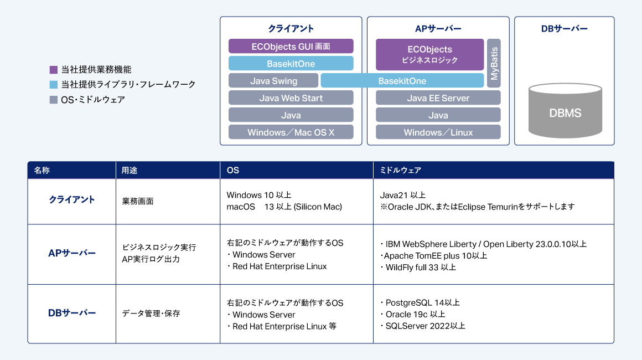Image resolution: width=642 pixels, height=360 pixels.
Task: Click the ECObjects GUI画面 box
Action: pos(291,46)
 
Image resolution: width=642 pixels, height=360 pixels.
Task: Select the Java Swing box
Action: pos(273,81)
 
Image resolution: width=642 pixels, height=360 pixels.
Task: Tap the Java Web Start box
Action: pos(291,98)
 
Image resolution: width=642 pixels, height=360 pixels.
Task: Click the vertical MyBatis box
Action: pos(494,63)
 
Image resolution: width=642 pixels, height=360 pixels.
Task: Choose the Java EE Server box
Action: pos(438,98)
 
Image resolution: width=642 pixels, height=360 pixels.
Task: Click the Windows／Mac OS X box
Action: pos(291,132)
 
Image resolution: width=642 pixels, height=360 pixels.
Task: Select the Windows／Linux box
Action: pos(438,132)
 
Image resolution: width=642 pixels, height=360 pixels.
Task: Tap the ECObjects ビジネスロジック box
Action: pos(429,54)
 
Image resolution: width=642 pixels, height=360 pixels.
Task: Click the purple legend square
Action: pos(54,70)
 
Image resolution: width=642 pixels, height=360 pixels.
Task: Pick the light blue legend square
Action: pos(54,85)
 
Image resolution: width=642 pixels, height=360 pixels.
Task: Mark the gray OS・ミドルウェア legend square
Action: pos(54,100)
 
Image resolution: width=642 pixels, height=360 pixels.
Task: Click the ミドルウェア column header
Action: pos(401,171)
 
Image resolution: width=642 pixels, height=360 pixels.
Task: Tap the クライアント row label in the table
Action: pos(72,200)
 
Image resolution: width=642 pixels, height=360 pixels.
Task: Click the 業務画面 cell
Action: pos(138,201)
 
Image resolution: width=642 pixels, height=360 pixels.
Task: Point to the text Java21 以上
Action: pos(402,195)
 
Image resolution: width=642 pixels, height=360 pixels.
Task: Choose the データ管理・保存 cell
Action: pos(151,314)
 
